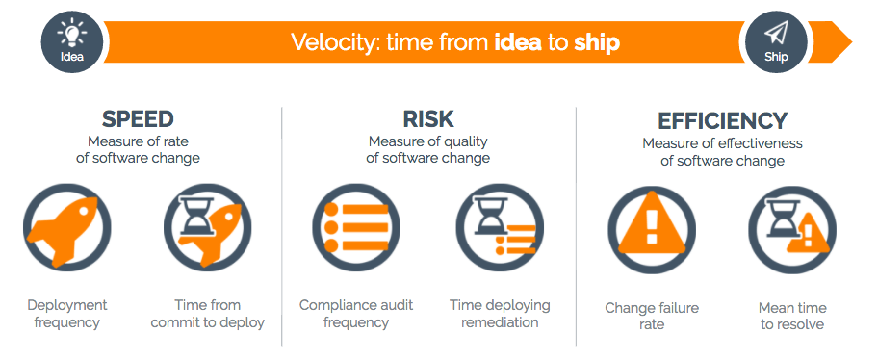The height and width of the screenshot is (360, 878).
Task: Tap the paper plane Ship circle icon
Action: click(776, 41)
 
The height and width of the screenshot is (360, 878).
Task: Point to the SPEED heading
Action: click(138, 119)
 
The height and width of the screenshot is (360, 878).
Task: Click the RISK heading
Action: click(428, 119)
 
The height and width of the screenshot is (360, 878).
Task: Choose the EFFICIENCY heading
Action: click(722, 121)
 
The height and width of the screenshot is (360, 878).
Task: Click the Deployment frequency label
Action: click(67, 314)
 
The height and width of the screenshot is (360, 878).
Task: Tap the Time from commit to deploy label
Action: click(208, 314)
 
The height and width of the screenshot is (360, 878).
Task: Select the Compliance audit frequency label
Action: click(356, 314)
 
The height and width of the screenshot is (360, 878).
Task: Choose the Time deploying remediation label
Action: click(500, 314)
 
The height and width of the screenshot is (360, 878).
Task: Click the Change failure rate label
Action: click(652, 317)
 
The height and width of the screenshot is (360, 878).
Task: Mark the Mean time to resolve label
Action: click(792, 317)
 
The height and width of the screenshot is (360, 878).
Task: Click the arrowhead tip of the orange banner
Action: click(847, 42)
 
